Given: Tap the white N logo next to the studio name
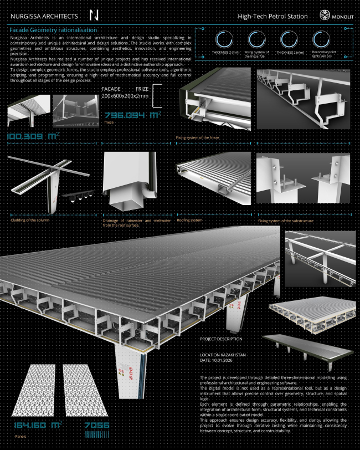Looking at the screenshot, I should point(94,16).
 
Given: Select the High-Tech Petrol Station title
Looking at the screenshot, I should point(272,17).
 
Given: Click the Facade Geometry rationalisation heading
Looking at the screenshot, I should point(54,29).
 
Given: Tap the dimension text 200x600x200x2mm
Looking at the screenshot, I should point(125,96).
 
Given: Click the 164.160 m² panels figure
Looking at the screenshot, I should point(37,426).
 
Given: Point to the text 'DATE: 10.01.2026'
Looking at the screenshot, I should point(218,361).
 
